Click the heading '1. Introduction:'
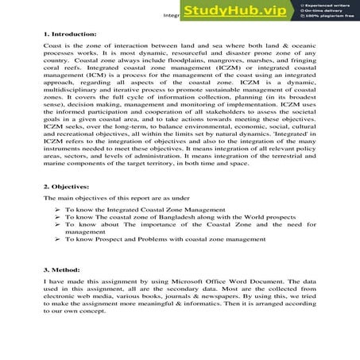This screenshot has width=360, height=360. coord(70,35)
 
